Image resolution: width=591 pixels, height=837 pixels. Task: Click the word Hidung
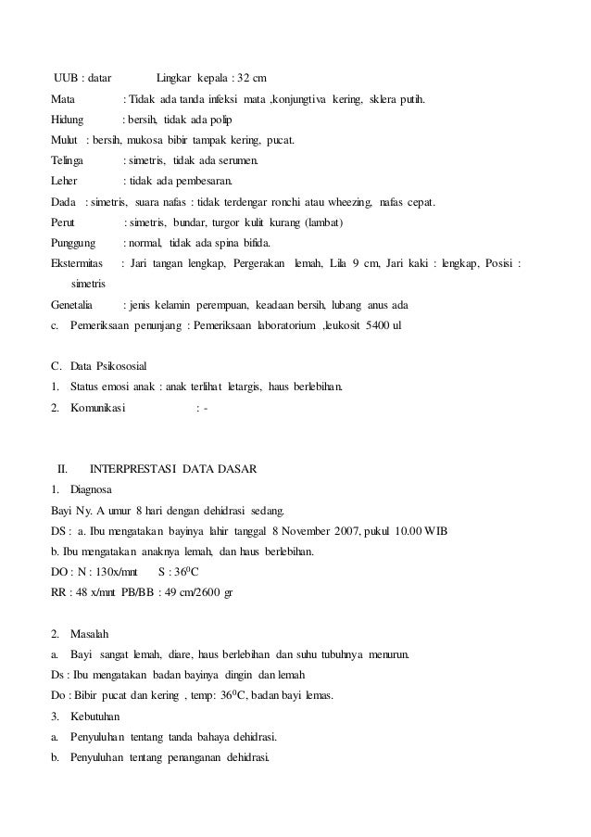(68, 120)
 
